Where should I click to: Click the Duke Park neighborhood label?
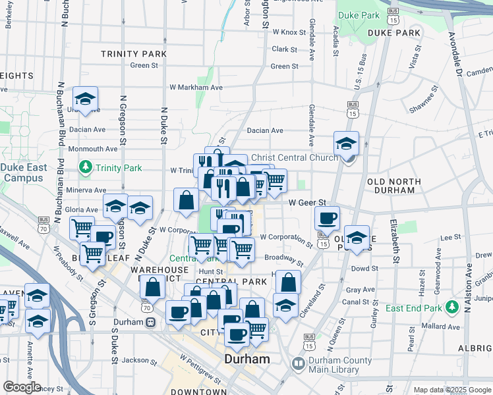click(394, 32)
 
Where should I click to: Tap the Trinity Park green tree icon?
click(85, 167)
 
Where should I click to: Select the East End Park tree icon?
click(452, 307)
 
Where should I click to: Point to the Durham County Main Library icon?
click(298, 363)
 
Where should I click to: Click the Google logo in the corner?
click(22, 387)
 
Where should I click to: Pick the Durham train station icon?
click(151, 323)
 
